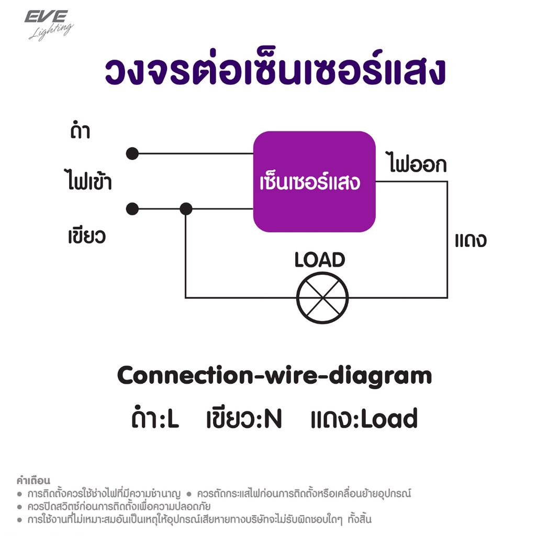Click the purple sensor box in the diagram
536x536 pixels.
tap(314, 182)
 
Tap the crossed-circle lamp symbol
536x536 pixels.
tap(322, 298)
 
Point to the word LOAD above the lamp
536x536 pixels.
tap(320, 260)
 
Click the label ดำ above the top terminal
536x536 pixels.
tap(80, 130)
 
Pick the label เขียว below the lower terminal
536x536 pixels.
tap(87, 236)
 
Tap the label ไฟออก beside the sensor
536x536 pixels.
tap(416, 163)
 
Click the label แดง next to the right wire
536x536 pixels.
tap(471, 240)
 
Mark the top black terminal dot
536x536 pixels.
tap(132, 153)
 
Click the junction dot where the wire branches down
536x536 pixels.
tap(186, 209)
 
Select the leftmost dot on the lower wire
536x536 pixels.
tap(132, 209)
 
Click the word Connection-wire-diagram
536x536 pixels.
tap(274, 376)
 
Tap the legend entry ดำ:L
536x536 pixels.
tap(155, 417)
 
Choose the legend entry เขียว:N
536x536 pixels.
tap(244, 418)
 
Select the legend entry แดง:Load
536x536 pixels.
tap(364, 418)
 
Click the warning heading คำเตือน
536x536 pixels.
tap(33, 481)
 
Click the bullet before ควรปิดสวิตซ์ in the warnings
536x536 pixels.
tap(20, 507)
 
